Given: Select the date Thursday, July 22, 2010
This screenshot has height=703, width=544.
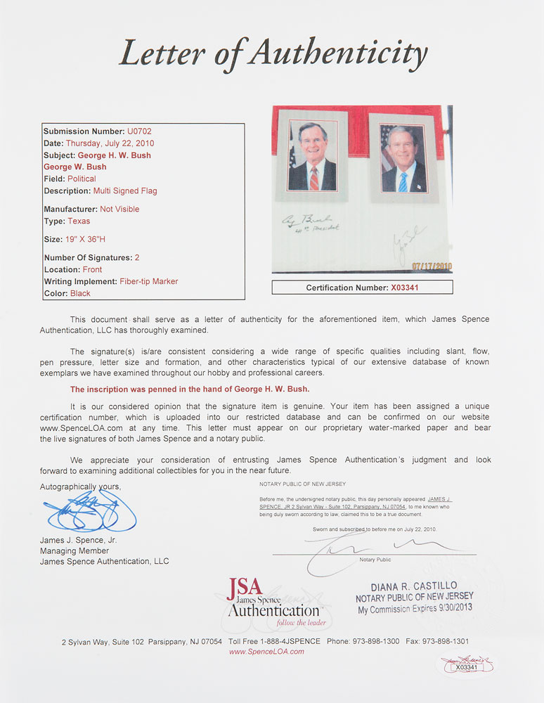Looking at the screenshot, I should tap(120, 143).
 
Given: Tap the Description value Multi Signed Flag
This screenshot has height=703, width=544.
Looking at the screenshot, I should tap(125, 191).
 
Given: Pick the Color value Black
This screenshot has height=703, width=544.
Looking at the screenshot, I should tap(80, 293).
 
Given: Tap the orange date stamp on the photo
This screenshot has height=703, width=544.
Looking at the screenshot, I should tap(431, 266).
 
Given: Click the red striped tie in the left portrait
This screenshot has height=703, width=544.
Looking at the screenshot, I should tap(313, 176).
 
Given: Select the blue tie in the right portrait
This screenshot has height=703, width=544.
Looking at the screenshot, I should tap(403, 181).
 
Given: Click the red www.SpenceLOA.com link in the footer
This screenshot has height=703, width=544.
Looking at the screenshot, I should tap(266, 652).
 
